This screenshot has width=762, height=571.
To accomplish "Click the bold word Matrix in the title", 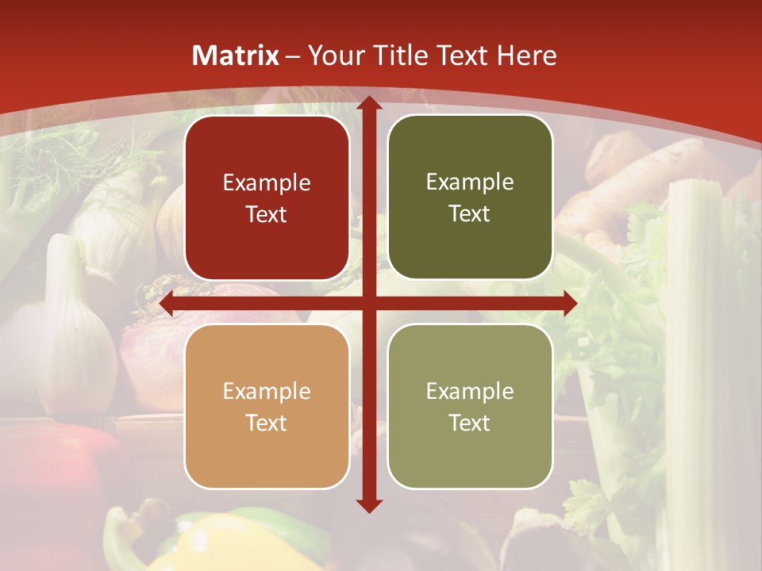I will [236, 56].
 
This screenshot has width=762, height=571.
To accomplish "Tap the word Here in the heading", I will [526, 56].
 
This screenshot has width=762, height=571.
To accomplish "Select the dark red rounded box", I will [267, 197].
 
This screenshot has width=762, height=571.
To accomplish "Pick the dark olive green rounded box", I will [470, 197].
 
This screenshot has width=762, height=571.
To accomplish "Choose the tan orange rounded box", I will [267, 406].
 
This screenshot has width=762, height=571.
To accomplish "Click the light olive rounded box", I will [470, 406].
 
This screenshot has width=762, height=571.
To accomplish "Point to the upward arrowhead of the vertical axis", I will [368, 103].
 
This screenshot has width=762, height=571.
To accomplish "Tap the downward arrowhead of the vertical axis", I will [368, 505].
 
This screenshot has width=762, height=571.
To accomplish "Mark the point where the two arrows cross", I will [368, 304].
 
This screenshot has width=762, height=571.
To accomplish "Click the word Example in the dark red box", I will [267, 183].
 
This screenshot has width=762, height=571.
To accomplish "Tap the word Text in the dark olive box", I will [470, 214].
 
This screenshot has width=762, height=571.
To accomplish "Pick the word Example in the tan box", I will [267, 391].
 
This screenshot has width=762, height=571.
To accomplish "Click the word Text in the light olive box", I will [470, 423].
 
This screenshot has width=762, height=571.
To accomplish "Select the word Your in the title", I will [333, 56].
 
